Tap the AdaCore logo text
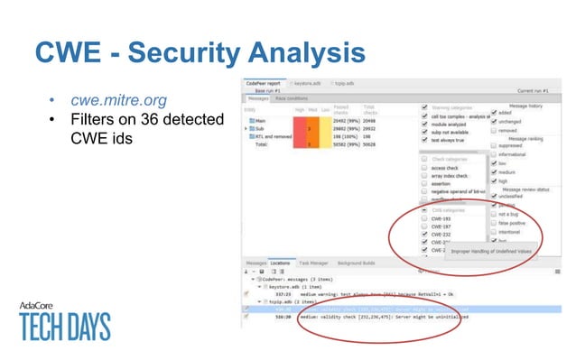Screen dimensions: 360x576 point(41,305)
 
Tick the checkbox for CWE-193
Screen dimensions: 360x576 point(425,219)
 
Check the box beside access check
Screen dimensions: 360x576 point(425,168)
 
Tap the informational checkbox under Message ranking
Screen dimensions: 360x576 point(493,155)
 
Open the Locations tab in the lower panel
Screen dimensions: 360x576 point(283,263)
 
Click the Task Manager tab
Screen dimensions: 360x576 point(314,263)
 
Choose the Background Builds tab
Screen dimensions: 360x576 point(356,263)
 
